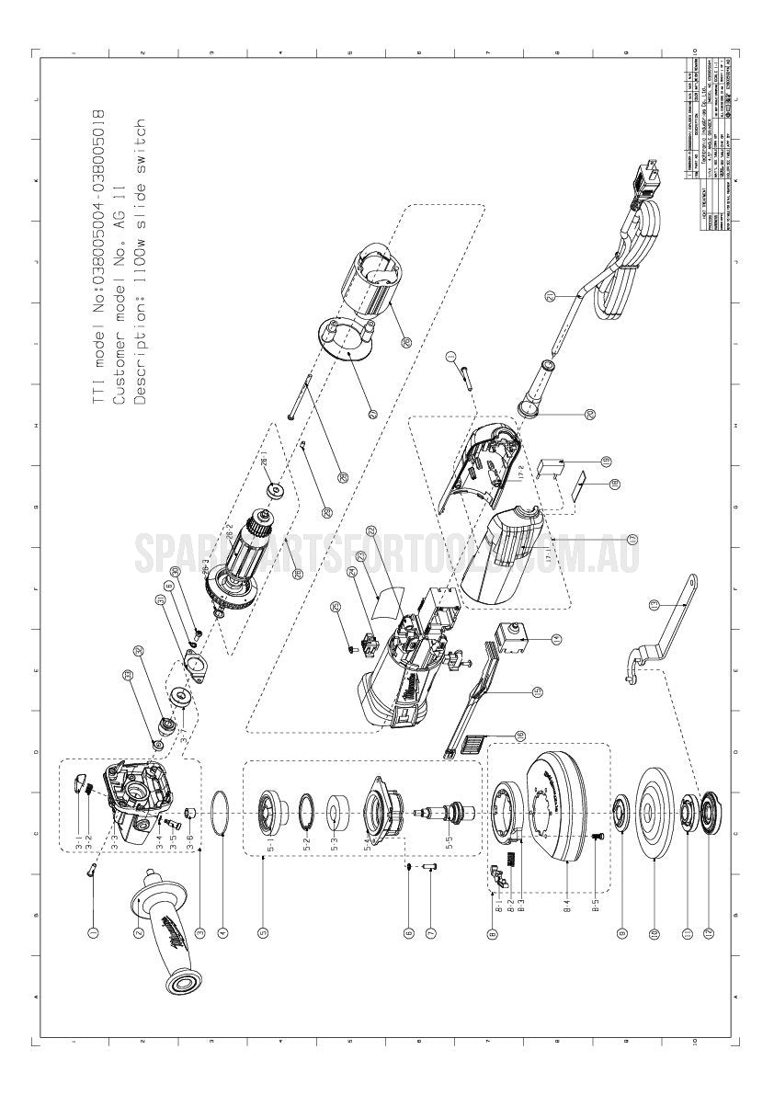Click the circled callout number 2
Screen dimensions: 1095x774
(138, 932)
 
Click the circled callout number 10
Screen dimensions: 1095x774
(655, 932)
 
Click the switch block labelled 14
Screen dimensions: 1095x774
(511, 635)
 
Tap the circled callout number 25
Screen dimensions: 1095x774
(336, 607)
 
